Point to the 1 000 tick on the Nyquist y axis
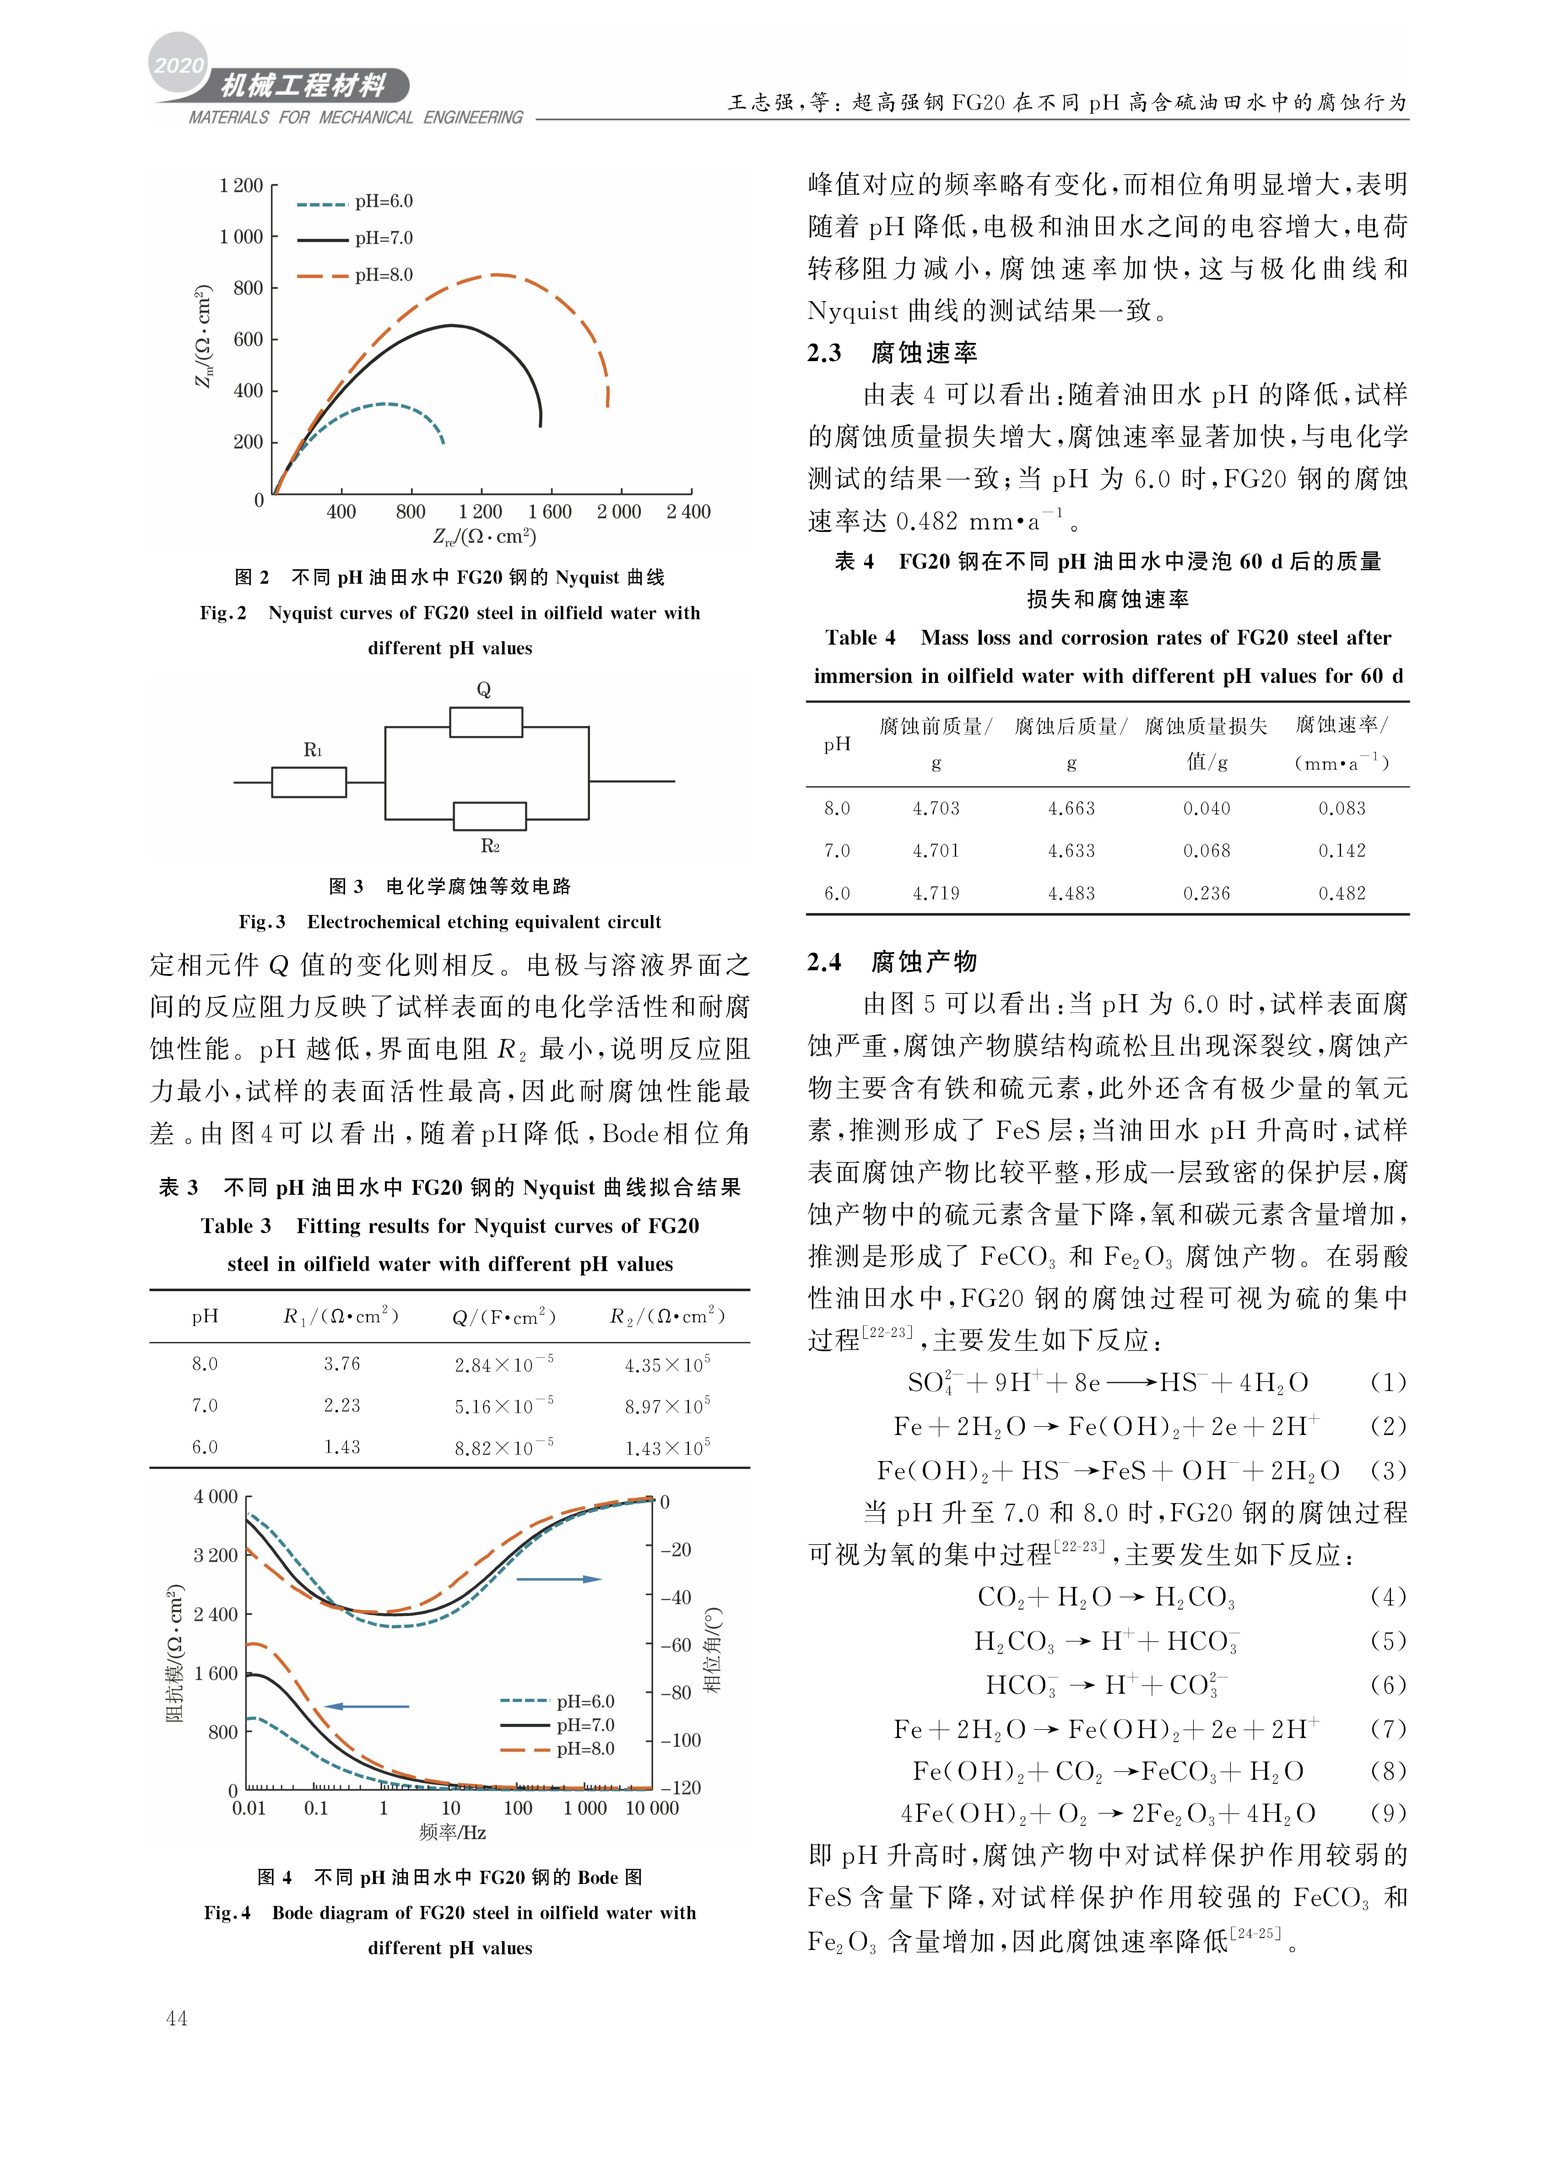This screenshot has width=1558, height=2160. tap(241, 237)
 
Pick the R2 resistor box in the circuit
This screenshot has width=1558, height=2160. tap(490, 816)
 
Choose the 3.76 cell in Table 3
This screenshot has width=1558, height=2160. tap(342, 1364)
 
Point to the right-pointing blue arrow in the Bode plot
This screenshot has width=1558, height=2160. tap(559, 1579)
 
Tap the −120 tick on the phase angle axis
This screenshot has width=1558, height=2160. tap(680, 1789)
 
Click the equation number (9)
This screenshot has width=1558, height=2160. tap(1388, 1813)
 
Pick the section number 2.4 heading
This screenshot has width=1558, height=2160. tap(825, 962)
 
